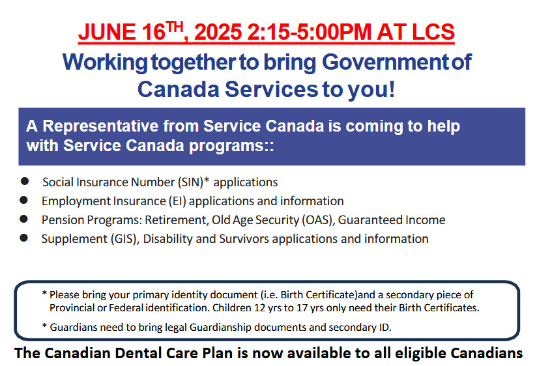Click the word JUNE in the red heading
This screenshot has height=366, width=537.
107,32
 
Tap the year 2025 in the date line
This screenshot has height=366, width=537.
218,32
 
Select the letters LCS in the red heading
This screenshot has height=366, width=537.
433,32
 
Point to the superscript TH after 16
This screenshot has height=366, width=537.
174,27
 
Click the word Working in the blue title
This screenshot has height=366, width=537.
105,63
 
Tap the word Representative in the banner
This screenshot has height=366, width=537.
100,126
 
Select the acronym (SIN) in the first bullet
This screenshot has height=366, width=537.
190,182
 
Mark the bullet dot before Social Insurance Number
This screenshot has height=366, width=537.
25,181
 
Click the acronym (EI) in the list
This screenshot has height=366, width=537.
177,201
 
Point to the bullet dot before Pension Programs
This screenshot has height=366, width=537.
23,219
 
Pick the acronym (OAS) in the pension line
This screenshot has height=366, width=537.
317,220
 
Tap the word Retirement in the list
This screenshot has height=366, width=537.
177,220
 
